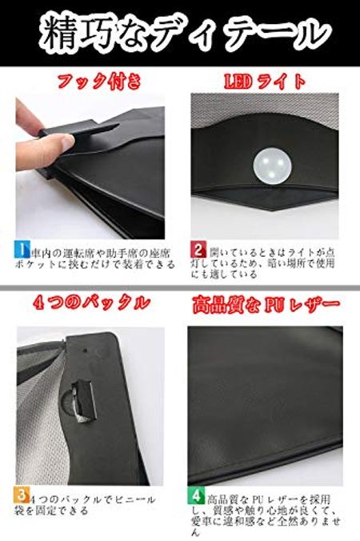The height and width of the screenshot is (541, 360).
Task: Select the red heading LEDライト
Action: pos(265,81)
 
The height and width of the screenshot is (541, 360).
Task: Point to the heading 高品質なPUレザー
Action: pos(265,304)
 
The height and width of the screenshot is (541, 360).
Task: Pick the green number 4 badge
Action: pos(197,494)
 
